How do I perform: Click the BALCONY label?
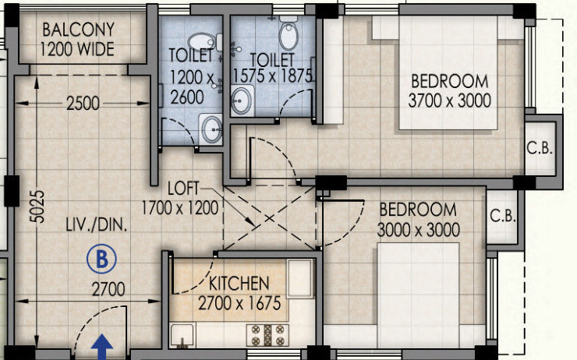pos(78,30)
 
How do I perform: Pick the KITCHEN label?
pos(239,283)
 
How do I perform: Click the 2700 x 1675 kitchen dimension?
pos(239,302)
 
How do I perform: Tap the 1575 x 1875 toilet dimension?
pos(273,76)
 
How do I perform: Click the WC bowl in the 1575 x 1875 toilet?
pos(288,34)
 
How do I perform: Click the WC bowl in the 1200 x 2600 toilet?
pos(202,42)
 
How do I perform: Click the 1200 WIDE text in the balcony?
pos(78,50)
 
